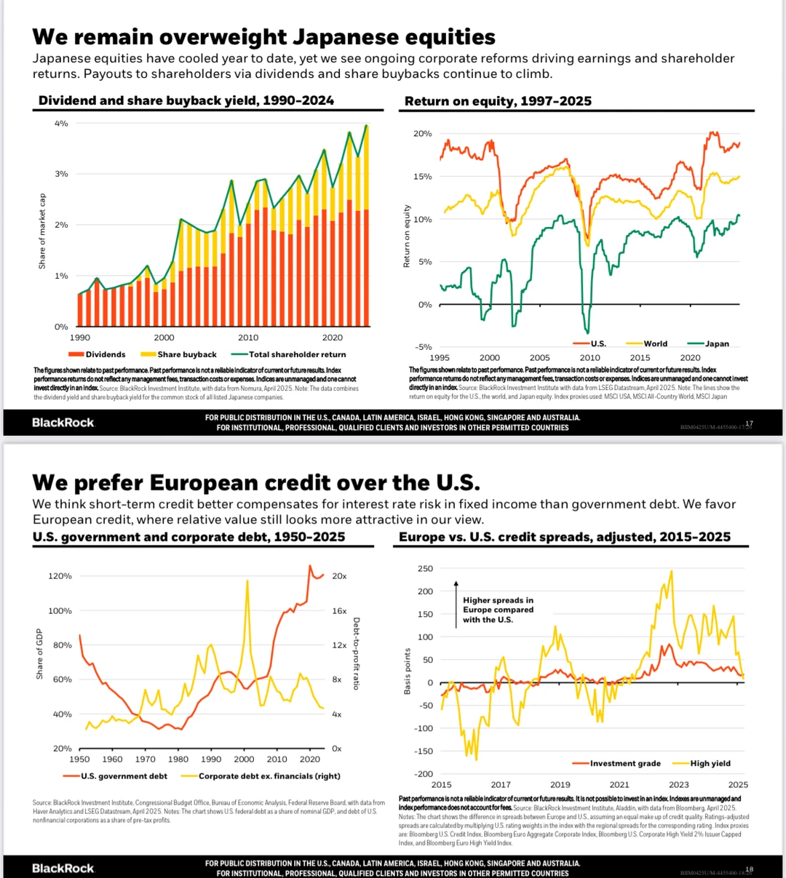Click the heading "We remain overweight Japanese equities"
point(263,37)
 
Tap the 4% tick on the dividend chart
point(61,124)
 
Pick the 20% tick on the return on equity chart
point(422,134)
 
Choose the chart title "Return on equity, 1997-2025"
point(498,101)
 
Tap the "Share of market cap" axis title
point(42,231)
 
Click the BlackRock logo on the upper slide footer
point(63,423)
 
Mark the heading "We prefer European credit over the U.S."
point(256,483)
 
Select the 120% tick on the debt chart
point(60,576)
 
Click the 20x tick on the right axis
point(339,576)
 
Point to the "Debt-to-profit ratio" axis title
point(356,653)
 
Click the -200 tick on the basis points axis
point(423,774)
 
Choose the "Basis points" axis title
point(408,671)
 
